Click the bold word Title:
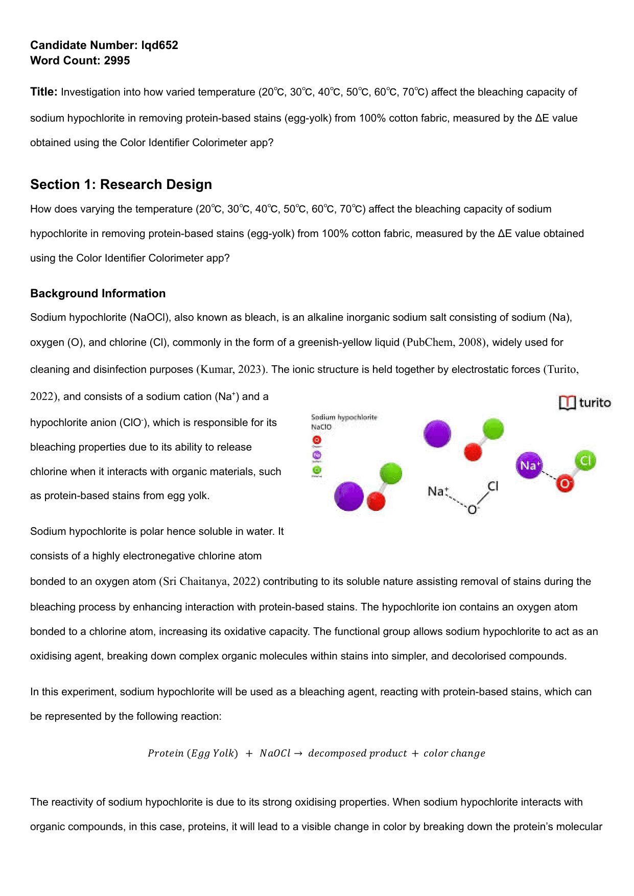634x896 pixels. click(x=44, y=92)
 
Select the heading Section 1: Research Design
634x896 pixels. click(x=121, y=184)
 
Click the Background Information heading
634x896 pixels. click(x=98, y=293)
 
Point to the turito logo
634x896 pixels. click(x=585, y=403)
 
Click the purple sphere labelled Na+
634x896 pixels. click(x=529, y=465)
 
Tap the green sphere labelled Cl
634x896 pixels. click(x=585, y=461)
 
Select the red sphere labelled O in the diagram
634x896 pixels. click(x=565, y=483)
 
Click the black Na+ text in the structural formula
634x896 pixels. click(x=438, y=491)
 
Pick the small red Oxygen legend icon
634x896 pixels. click(x=317, y=440)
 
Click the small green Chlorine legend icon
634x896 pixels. click(x=317, y=470)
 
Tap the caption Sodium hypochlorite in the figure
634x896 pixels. click(x=344, y=417)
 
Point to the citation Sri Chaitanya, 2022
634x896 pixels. click(x=210, y=581)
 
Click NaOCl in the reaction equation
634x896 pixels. click(x=275, y=753)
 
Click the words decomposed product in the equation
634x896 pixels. click(x=357, y=753)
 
